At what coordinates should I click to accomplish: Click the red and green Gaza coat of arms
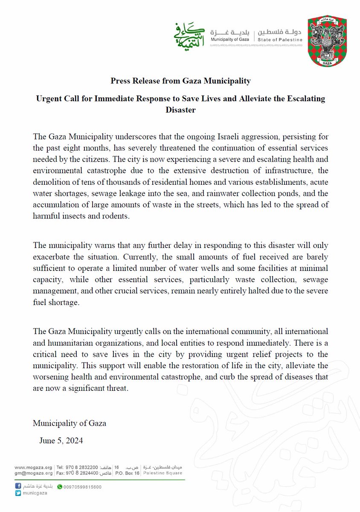[x=331, y=42]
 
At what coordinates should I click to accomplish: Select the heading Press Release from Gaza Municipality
[x=180, y=80]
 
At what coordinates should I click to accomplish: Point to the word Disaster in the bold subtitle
[x=180, y=110]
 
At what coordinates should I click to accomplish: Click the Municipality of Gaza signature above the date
[x=70, y=423]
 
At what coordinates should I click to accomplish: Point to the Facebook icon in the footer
[x=17, y=486]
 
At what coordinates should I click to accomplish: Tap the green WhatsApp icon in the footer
[x=60, y=486]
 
